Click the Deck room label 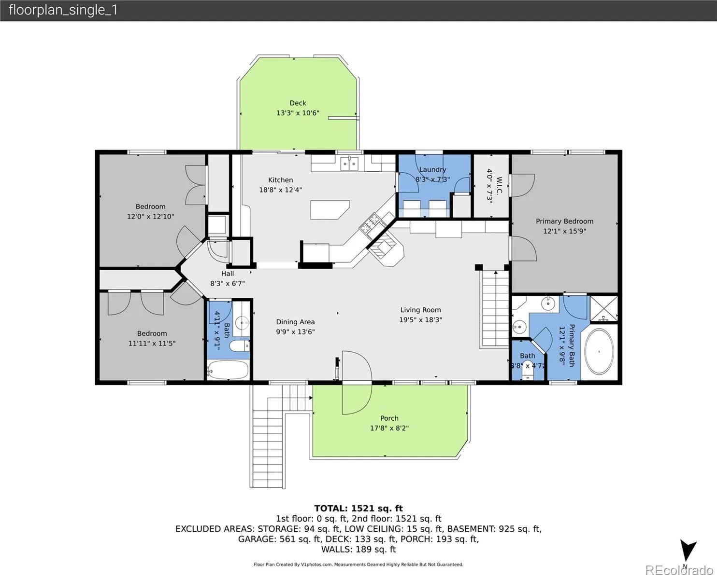298,103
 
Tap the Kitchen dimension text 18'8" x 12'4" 280,190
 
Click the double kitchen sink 349,164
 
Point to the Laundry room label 432,170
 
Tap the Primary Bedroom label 564,221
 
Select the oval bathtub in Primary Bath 599,351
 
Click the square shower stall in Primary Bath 604,308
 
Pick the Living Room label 420,310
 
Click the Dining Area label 295,322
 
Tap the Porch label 389,418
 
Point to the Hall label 228,274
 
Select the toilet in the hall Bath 239,345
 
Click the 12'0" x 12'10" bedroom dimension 150,217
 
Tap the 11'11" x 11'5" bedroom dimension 152,344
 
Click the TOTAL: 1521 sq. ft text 358,508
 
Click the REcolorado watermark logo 679,570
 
